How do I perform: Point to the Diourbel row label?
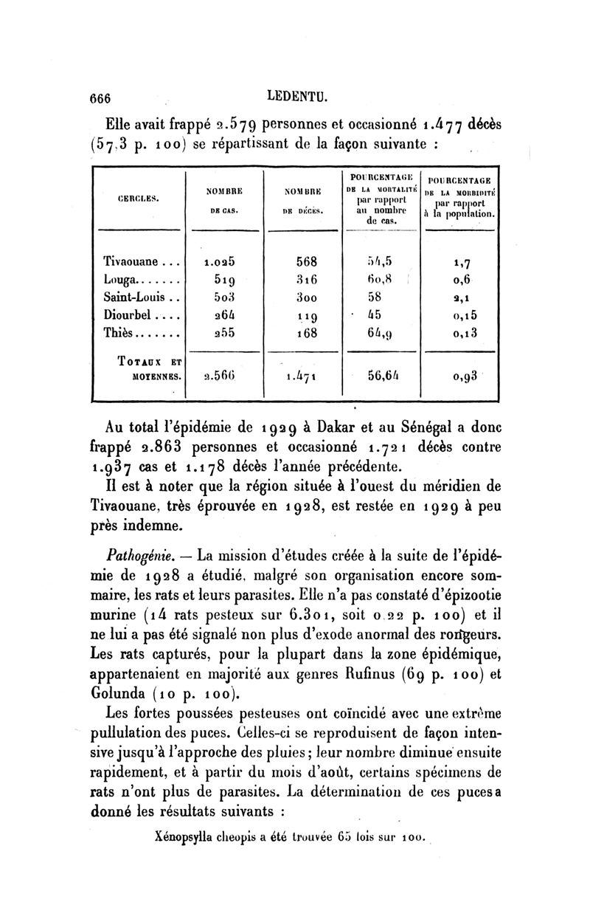(129, 317)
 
